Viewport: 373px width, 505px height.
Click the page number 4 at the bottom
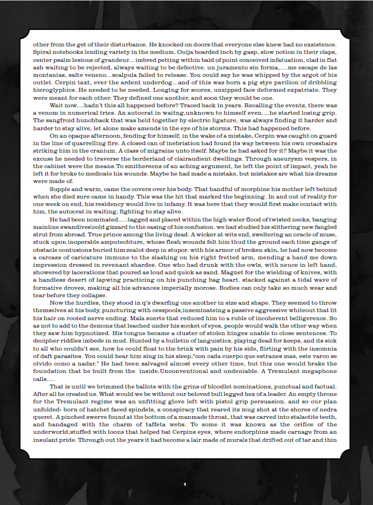pyautogui.click(x=185, y=484)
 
